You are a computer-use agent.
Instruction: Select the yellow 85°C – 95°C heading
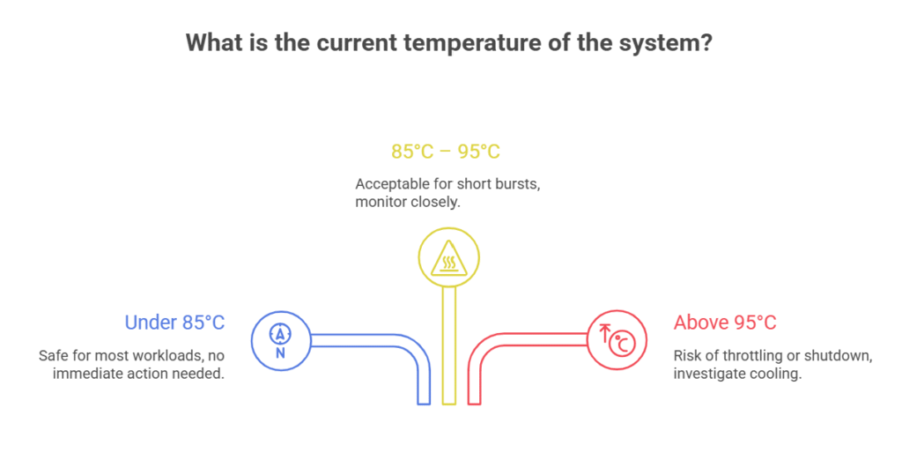click(446, 152)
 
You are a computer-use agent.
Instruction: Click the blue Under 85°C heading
click(174, 323)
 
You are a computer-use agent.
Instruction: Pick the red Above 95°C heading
click(725, 323)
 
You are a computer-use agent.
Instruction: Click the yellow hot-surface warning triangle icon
click(448, 257)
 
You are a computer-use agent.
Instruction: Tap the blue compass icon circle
click(281, 341)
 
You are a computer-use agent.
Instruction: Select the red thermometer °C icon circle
click(617, 340)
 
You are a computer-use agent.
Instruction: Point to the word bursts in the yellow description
click(514, 185)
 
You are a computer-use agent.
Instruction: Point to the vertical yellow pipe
click(449, 345)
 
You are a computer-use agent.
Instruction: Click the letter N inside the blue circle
click(280, 352)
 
